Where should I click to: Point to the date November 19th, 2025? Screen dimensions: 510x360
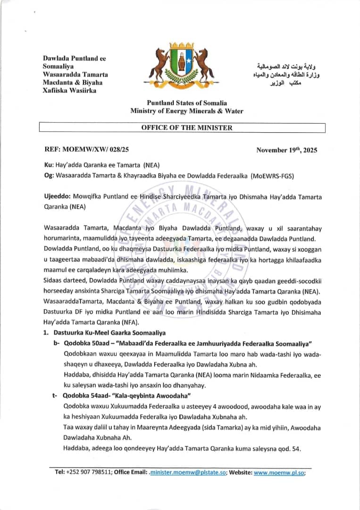286,150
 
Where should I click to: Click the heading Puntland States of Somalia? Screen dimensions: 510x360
187,103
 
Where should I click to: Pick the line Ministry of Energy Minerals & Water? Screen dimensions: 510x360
187,111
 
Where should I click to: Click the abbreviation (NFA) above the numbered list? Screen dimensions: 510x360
130,323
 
